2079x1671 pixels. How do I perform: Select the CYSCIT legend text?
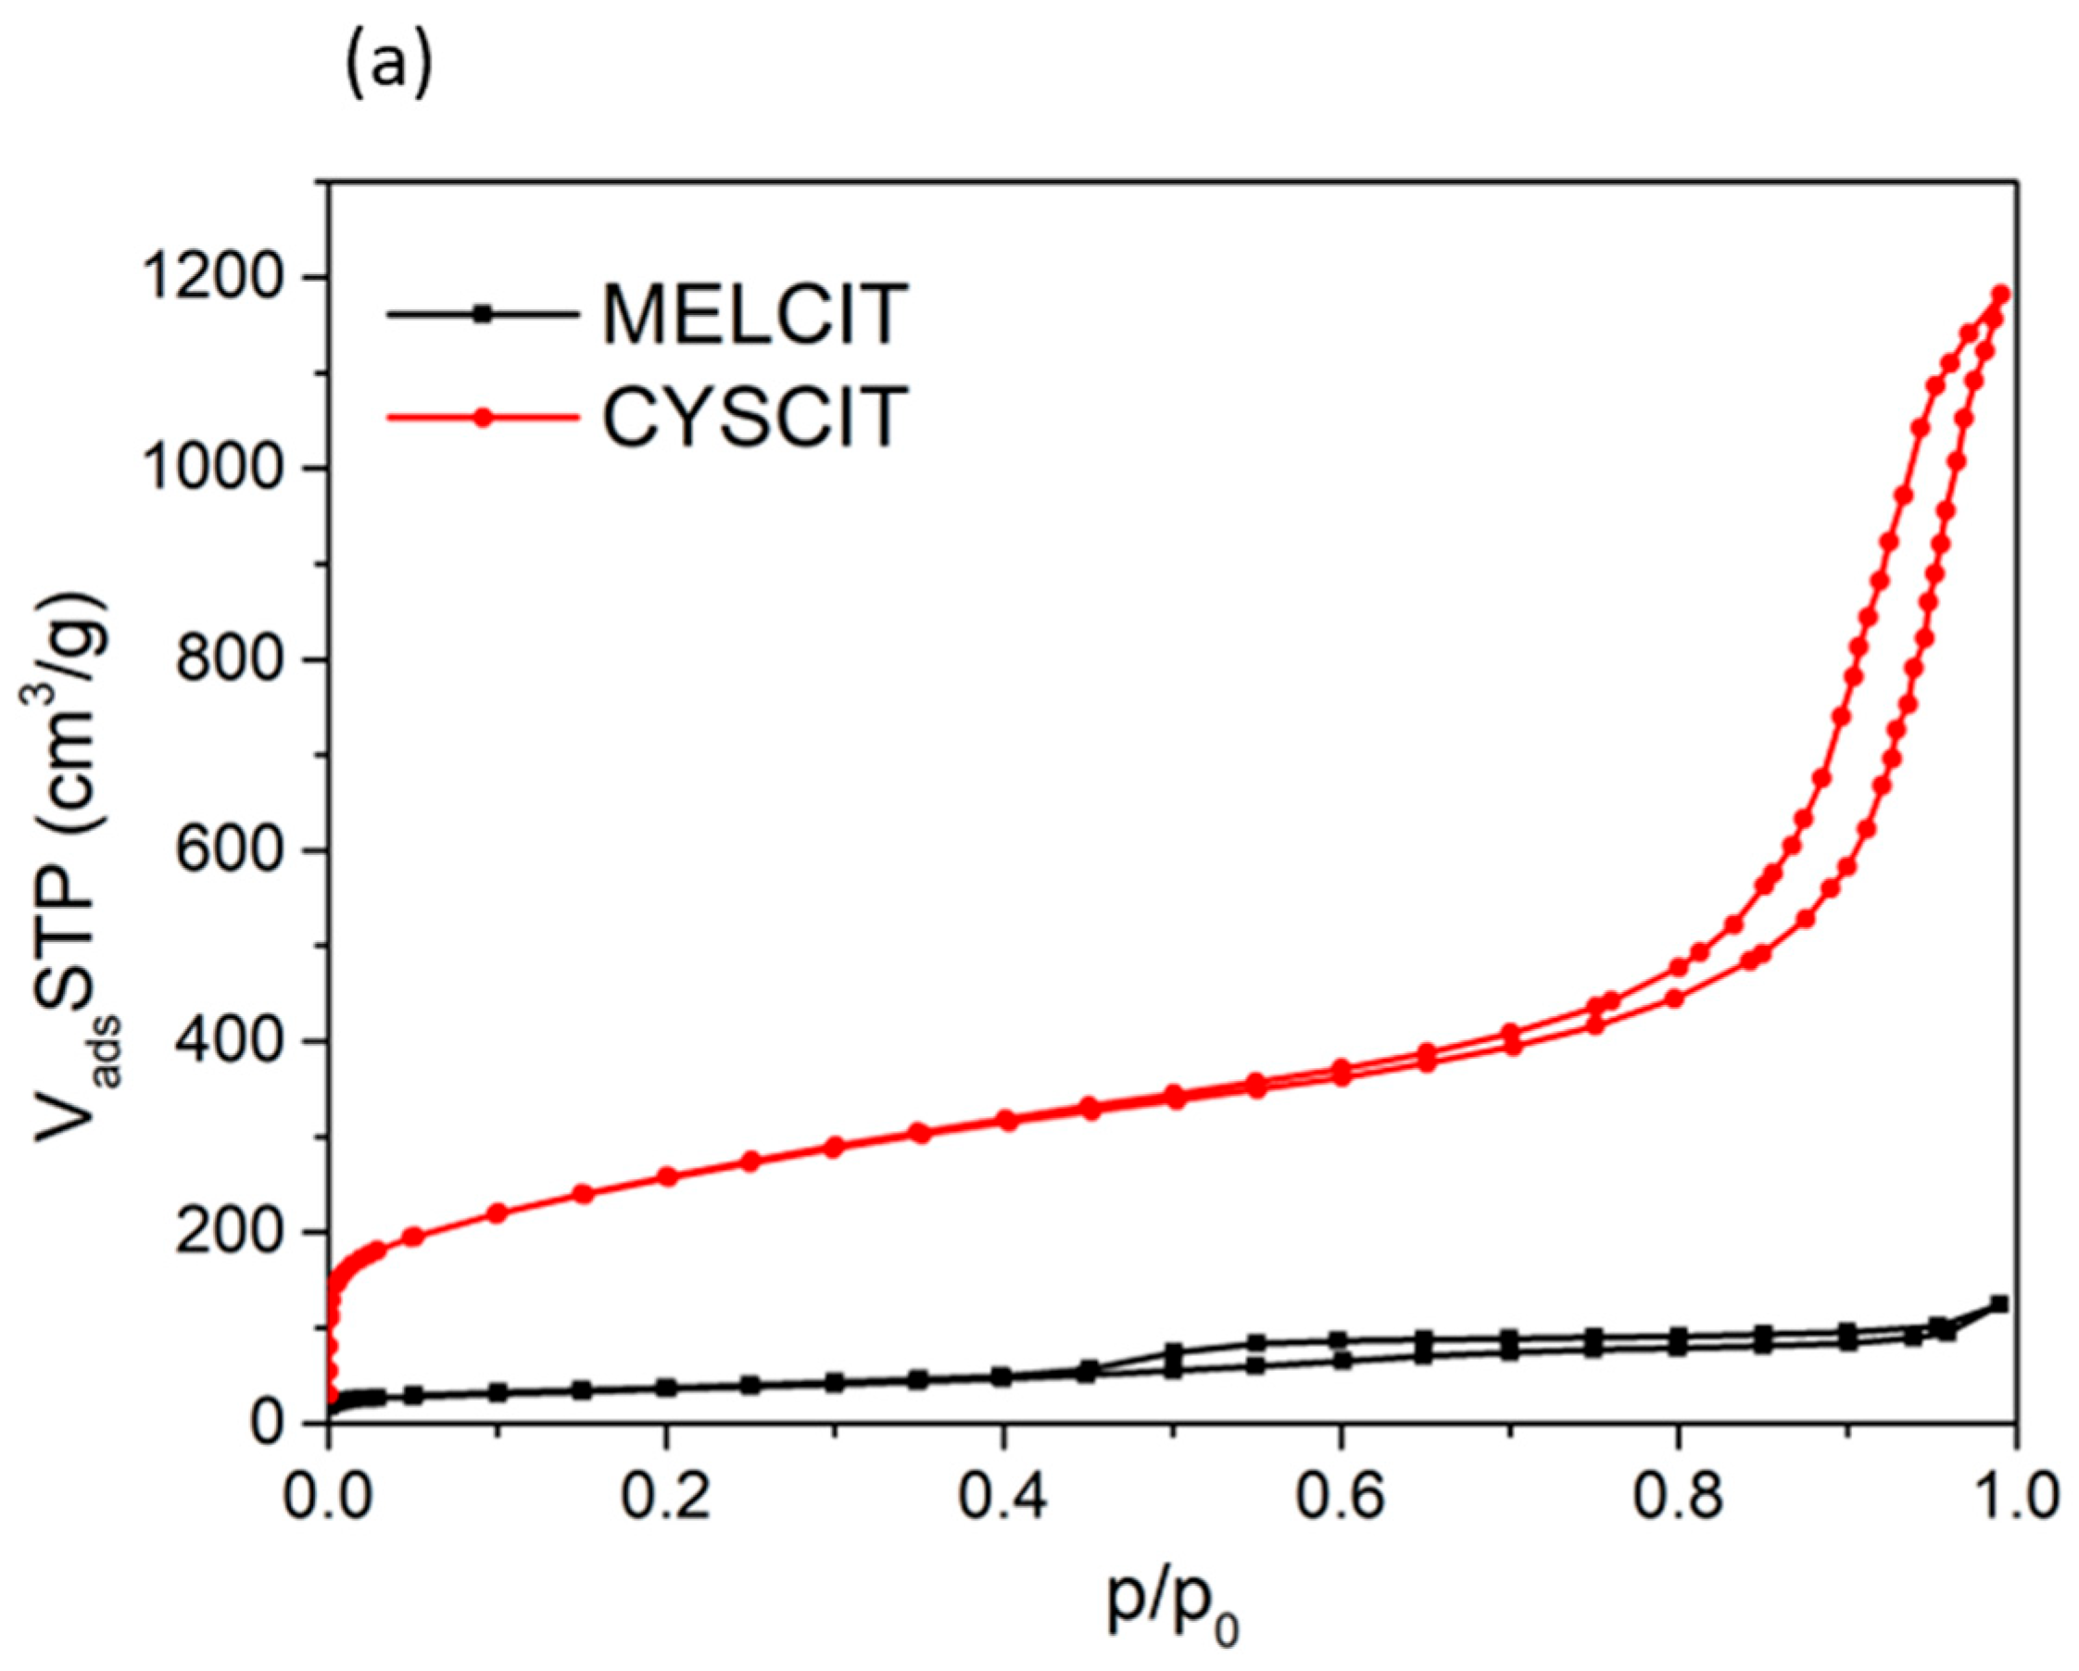[x=754, y=417]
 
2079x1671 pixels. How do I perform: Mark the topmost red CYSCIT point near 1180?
[x=2001, y=294]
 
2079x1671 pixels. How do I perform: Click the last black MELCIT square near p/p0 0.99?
[x=1999, y=1304]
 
